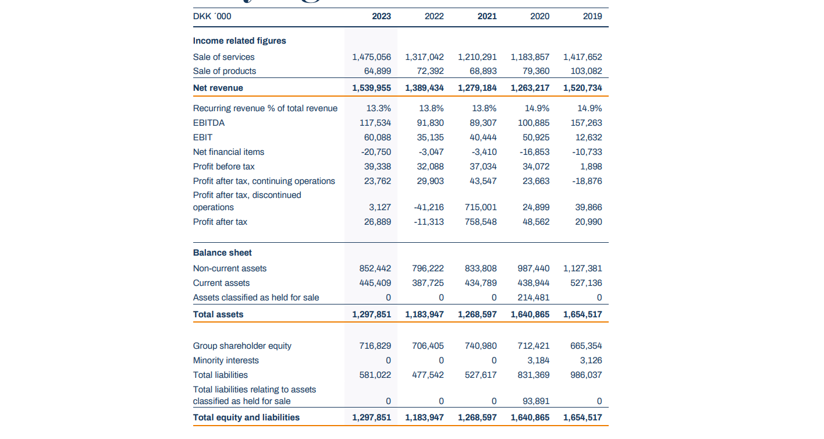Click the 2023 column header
tap(381, 16)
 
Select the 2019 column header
tap(592, 16)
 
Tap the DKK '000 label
tap(212, 16)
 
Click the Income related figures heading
tap(239, 41)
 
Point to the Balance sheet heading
tap(222, 253)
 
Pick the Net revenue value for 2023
tap(371, 88)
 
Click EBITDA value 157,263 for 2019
tap(587, 123)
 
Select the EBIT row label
tap(203, 137)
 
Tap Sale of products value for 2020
tap(535, 71)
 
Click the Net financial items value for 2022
tap(431, 152)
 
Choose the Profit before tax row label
tap(223, 167)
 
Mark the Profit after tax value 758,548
tap(481, 222)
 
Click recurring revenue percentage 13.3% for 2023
tap(379, 108)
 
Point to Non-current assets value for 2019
tap(583, 268)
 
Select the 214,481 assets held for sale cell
tap(533, 298)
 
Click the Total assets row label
tap(218, 314)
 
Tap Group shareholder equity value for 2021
tap(481, 346)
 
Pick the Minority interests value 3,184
tap(538, 360)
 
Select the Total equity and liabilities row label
tap(246, 417)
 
